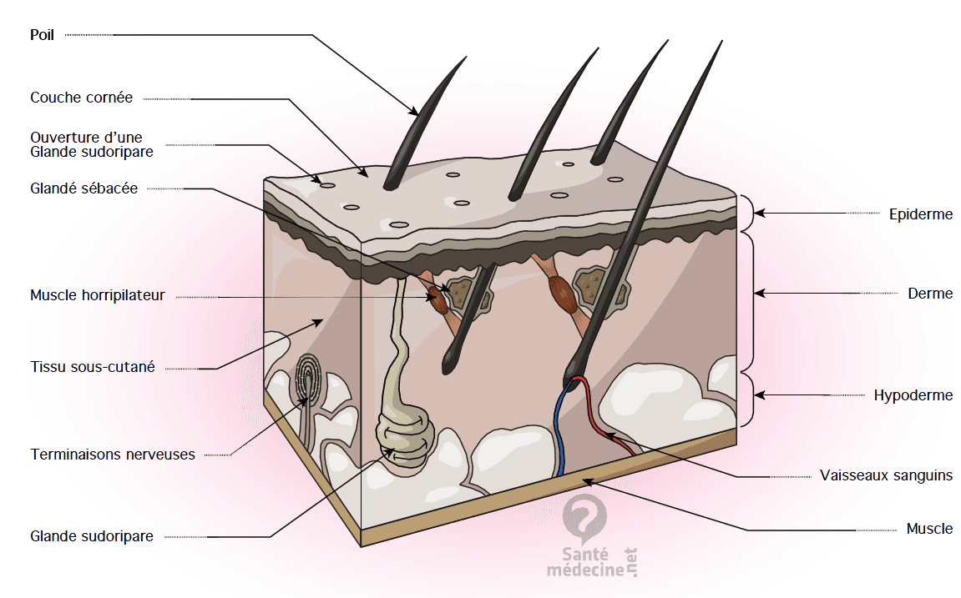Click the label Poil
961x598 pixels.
tap(43, 35)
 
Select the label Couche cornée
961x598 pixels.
tap(82, 98)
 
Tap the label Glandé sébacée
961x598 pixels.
tap(84, 188)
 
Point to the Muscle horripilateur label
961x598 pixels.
tap(98, 295)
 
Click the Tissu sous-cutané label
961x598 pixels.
tap(93, 367)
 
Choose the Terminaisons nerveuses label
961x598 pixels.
tap(113, 455)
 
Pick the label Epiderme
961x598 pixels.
tap(921, 214)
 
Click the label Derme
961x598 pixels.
tap(930, 294)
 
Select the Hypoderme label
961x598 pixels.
tap(913, 395)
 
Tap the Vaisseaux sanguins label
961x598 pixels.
tap(886, 475)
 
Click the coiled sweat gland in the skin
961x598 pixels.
tap(406, 437)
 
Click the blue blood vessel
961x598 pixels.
tap(558, 429)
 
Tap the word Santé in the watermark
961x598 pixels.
tap(585, 555)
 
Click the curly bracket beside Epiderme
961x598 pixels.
tap(747, 213)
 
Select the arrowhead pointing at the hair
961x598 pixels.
tap(415, 111)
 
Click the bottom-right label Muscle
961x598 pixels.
tap(929, 528)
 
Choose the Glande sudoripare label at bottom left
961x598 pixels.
tap(92, 536)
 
